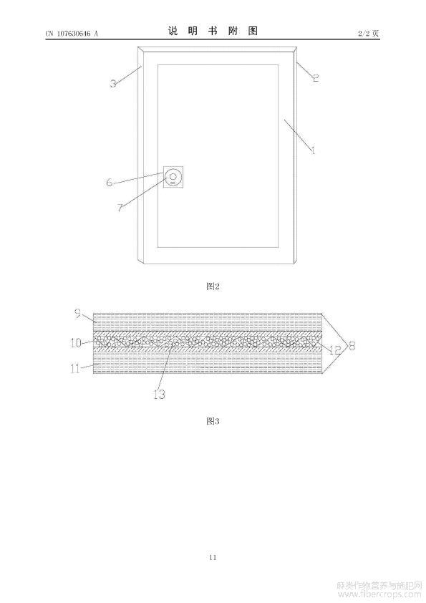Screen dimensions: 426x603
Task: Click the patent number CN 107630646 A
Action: (72, 34)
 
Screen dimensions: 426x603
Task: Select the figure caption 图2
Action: (213, 286)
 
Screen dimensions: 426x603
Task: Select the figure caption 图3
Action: (213, 420)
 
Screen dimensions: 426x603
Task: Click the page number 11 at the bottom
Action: (213, 557)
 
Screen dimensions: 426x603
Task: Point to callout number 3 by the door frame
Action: (113, 83)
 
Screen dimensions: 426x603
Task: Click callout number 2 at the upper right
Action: (315, 77)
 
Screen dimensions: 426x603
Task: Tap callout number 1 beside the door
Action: (313, 150)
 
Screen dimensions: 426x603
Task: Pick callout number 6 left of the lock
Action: (110, 182)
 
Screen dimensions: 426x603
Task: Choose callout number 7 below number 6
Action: (120, 208)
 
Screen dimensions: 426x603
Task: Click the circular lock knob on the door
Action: (173, 177)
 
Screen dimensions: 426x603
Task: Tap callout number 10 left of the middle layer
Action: (76, 342)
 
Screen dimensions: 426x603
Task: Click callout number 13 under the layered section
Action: (159, 394)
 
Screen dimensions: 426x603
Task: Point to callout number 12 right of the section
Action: (335, 349)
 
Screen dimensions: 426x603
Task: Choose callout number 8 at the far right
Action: (352, 345)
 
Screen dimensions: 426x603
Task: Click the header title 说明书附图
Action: (213, 31)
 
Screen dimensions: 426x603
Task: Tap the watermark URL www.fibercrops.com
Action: (379, 595)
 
